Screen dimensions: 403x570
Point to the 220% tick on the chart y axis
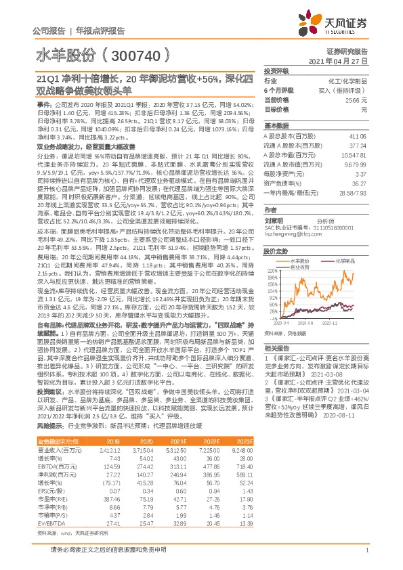[x=270, y=269]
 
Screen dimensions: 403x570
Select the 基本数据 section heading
[x=276, y=126]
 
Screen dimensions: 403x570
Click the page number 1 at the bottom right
[x=366, y=553]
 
